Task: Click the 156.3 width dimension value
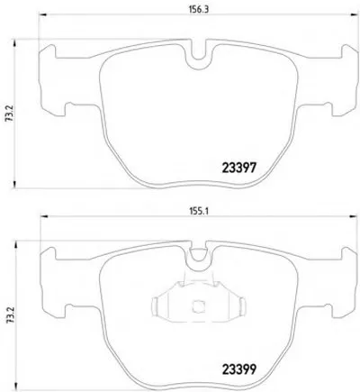[198, 9]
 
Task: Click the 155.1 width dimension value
[198, 212]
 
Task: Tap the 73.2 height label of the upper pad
[8, 114]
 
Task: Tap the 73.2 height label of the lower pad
[8, 315]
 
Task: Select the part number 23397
[239, 168]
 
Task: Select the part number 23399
[239, 369]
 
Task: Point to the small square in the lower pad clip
[197, 306]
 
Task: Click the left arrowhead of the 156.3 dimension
[42, 14]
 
